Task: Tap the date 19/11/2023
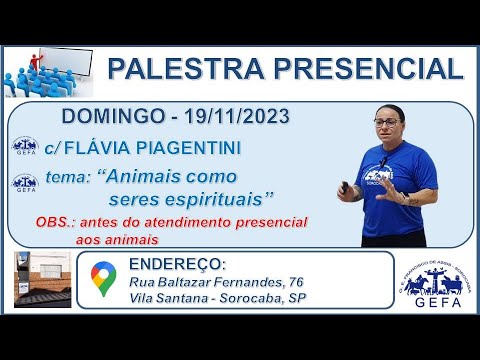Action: tap(232, 118)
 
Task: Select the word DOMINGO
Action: tap(111, 118)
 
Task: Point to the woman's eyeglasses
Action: tap(387, 122)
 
